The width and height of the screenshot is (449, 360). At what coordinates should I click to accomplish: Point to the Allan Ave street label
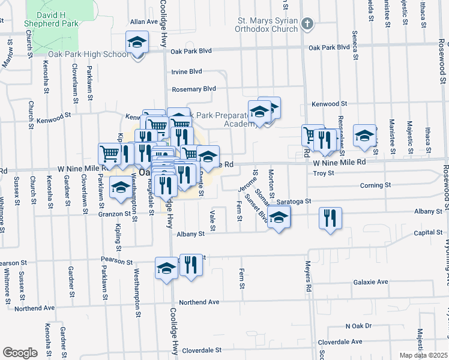[143, 21]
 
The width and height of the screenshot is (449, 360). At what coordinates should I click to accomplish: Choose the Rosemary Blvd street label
[193, 89]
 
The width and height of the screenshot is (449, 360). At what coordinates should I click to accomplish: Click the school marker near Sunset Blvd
[279, 217]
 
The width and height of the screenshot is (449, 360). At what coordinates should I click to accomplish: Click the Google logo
[19, 353]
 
